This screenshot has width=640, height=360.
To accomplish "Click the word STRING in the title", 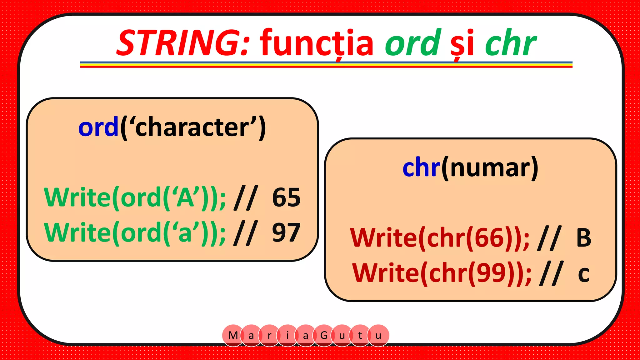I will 183,43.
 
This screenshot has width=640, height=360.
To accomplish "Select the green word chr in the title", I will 510,43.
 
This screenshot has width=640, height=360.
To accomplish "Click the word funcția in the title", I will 316,43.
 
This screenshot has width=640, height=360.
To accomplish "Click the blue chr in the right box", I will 421,168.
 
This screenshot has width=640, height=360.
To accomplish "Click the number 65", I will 286,197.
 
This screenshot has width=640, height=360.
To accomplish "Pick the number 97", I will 286,232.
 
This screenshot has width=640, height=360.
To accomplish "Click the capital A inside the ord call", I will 185,197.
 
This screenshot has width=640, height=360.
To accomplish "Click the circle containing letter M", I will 233,335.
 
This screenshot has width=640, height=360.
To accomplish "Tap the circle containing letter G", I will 324,335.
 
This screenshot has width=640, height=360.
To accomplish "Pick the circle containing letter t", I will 360,335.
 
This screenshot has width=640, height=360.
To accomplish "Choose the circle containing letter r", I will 269,335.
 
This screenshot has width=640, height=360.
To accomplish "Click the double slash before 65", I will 246,197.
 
